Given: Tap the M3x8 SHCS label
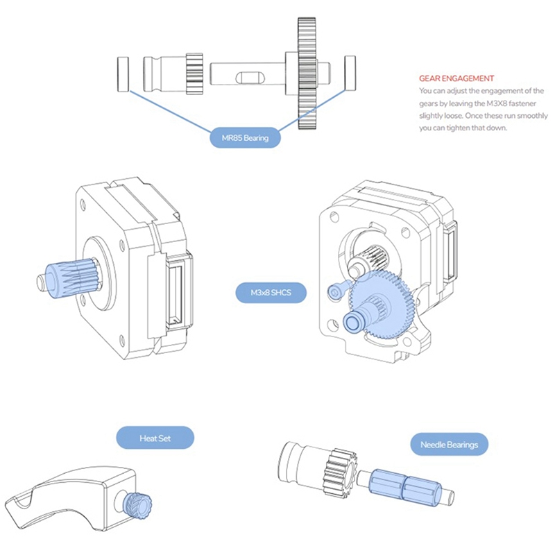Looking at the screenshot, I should [x=270, y=293].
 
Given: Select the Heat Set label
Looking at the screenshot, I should [x=155, y=438].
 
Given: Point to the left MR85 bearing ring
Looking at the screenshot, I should [x=123, y=75].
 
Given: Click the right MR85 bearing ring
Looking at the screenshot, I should [x=350, y=73].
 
